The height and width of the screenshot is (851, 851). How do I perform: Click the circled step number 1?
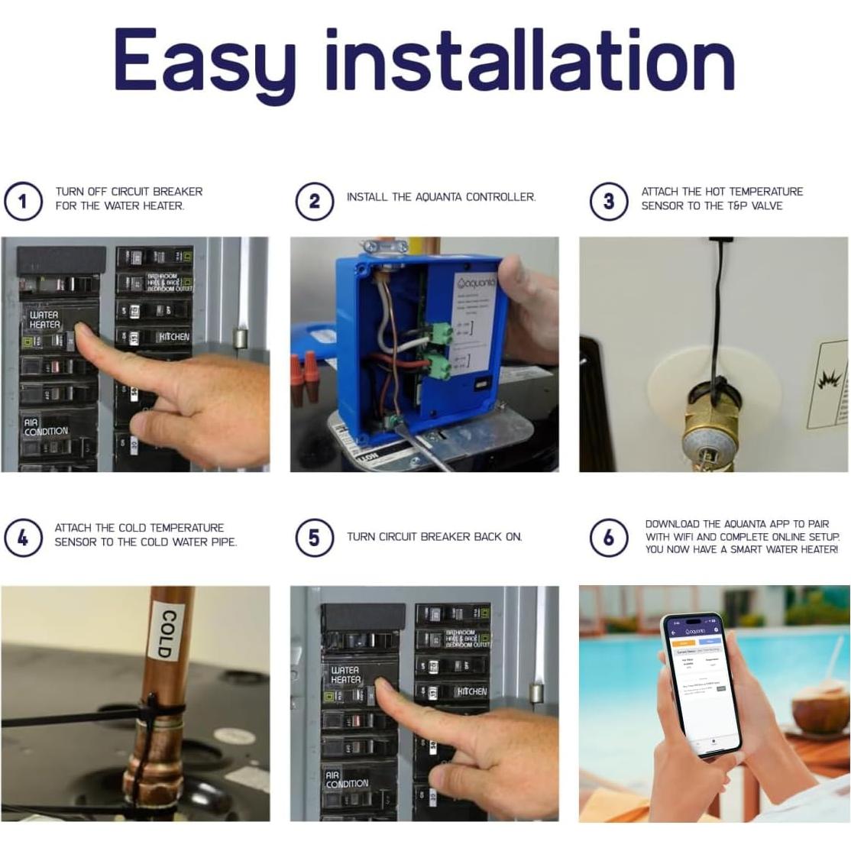click(22, 202)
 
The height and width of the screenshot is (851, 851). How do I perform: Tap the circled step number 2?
click(314, 201)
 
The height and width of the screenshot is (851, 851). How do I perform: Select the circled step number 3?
click(608, 202)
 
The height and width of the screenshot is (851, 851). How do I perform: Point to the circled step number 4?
click(22, 537)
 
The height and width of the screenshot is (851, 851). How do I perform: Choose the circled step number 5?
click(314, 537)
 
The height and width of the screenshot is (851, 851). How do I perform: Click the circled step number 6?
click(608, 537)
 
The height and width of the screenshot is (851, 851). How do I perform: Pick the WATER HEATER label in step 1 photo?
click(44, 320)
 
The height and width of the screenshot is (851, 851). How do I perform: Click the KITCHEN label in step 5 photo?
click(471, 691)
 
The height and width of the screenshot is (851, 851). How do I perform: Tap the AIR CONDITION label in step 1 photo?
click(45, 427)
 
